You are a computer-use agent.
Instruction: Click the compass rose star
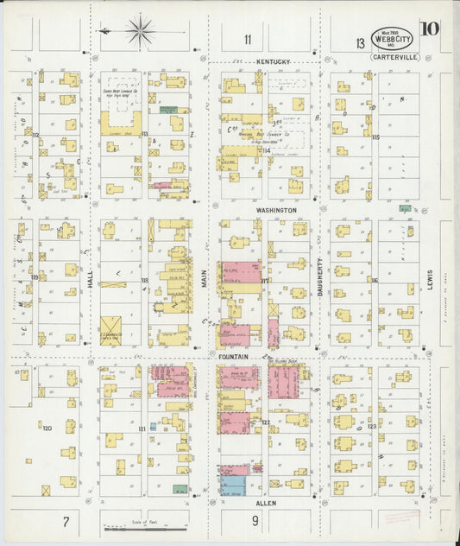click(139, 31)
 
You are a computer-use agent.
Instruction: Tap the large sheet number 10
click(429, 29)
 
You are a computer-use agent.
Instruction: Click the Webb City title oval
click(391, 38)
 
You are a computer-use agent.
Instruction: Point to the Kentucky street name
click(274, 62)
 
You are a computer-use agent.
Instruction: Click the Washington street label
click(275, 210)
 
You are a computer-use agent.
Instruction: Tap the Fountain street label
click(232, 356)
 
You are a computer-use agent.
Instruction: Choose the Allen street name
click(266, 502)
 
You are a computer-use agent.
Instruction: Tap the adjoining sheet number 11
click(248, 39)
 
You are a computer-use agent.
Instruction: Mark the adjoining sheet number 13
click(358, 43)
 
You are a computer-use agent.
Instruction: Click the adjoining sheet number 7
click(65, 521)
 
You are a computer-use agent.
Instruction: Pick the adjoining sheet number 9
click(255, 521)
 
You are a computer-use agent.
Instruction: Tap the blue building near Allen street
click(232, 485)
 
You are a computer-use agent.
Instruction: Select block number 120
click(47, 428)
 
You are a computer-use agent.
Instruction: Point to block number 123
click(371, 427)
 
